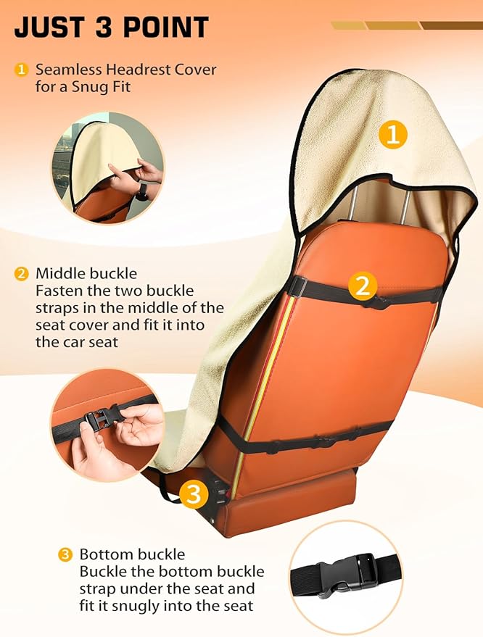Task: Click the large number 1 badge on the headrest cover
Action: [392, 135]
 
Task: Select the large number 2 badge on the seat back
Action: [363, 286]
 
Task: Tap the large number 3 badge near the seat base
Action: [194, 494]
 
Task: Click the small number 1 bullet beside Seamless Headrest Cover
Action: [21, 70]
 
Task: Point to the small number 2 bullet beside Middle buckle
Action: [21, 273]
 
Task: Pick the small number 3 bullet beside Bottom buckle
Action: [65, 554]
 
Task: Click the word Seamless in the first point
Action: [69, 70]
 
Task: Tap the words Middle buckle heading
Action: [86, 273]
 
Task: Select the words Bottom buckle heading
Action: [132, 554]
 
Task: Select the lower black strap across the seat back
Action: [305, 438]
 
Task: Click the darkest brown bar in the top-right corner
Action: [451, 25]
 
